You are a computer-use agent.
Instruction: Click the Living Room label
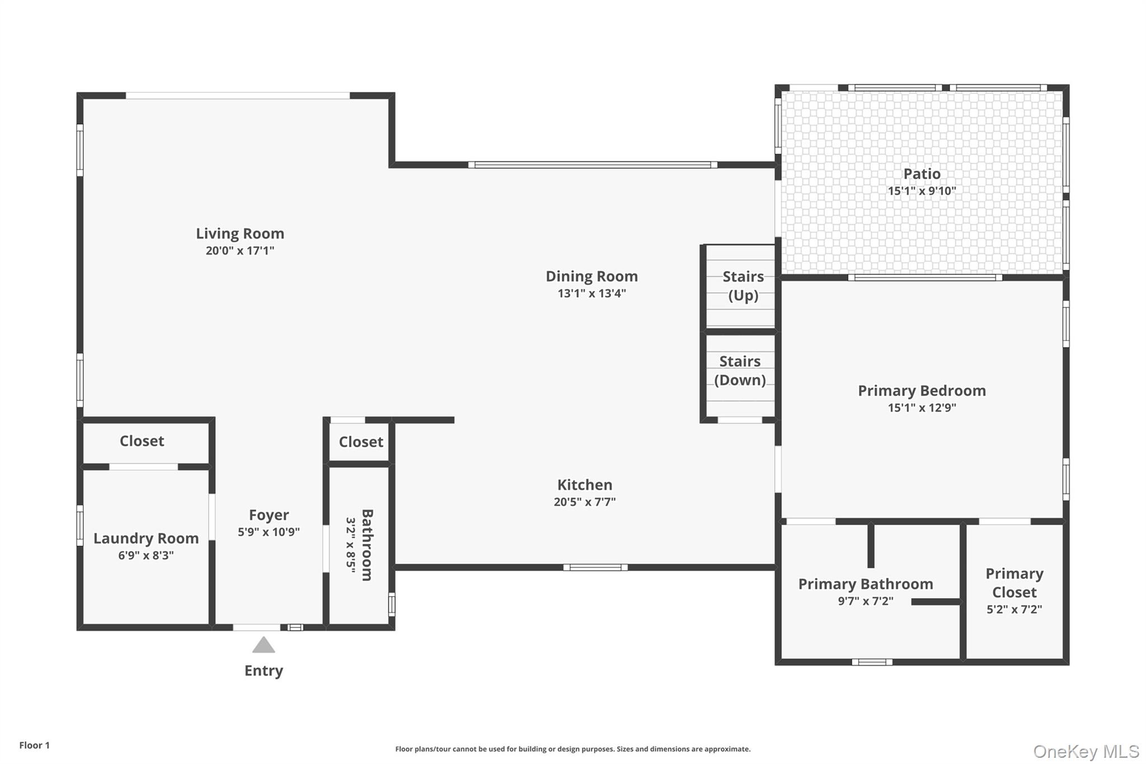pyautogui.click(x=239, y=233)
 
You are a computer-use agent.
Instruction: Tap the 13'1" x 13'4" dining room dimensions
pyautogui.click(x=591, y=293)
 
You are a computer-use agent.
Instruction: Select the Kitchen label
pyautogui.click(x=584, y=485)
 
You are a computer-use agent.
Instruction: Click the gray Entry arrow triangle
pyautogui.click(x=264, y=645)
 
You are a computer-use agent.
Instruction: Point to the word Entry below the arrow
pyautogui.click(x=264, y=671)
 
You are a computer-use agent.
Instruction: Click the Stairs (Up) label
pyautogui.click(x=743, y=285)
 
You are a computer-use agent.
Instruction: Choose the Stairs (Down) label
pyautogui.click(x=740, y=371)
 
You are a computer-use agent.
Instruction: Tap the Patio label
pyautogui.click(x=922, y=174)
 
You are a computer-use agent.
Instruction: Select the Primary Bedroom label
pyautogui.click(x=922, y=391)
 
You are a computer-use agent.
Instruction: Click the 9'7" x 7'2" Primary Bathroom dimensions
pyautogui.click(x=865, y=601)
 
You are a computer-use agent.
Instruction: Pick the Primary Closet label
pyautogui.click(x=1014, y=583)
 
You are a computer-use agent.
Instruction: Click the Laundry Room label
pyautogui.click(x=146, y=538)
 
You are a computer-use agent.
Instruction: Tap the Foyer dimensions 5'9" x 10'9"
pyautogui.click(x=269, y=532)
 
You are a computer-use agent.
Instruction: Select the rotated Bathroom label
pyautogui.click(x=367, y=545)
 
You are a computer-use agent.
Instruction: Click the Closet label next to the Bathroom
pyautogui.click(x=361, y=442)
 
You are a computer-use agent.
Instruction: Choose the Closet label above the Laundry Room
pyautogui.click(x=142, y=441)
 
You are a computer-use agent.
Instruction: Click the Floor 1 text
pyautogui.click(x=34, y=745)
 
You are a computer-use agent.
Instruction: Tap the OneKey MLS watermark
pyautogui.click(x=1086, y=751)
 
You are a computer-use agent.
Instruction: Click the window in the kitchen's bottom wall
pyautogui.click(x=595, y=568)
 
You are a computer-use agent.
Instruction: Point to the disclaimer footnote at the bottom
pyautogui.click(x=572, y=749)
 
